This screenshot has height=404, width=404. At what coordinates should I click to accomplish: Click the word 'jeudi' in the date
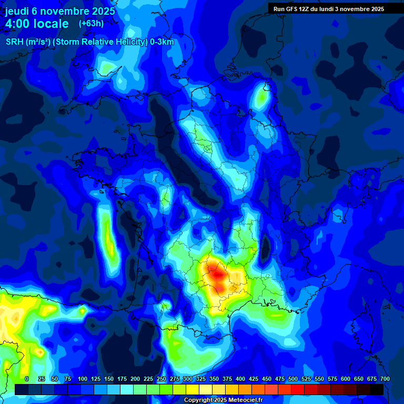tap(17, 11)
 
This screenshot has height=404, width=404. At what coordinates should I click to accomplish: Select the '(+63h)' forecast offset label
tap(91, 24)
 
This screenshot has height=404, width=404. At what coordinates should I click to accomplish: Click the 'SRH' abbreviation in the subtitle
tap(15, 42)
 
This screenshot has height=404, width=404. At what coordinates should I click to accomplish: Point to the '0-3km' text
tap(162, 42)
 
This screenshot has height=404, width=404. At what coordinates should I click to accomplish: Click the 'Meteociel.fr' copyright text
tap(241, 400)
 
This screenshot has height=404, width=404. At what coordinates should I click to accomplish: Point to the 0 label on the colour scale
tap(27, 379)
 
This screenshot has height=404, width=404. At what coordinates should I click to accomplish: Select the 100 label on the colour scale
tap(83, 379)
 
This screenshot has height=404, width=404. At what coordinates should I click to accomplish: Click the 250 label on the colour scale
tap(161, 379)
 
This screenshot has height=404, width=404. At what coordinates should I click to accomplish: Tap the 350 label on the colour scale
tap(214, 379)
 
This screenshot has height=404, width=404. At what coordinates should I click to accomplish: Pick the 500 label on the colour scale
tap(293, 379)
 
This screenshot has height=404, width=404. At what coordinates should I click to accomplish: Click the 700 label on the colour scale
tap(385, 379)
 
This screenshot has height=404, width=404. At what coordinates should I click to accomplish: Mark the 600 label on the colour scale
tap(346, 379)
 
